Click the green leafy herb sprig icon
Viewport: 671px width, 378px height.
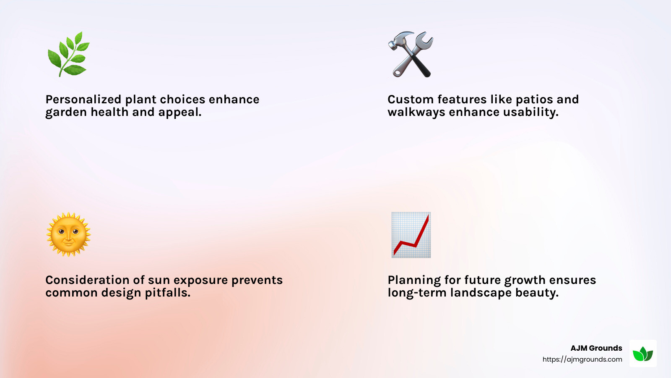click(x=68, y=54)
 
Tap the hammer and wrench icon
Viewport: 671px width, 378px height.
click(x=411, y=54)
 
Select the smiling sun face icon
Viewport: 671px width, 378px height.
click(x=68, y=234)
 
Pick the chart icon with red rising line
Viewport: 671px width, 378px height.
click(x=411, y=235)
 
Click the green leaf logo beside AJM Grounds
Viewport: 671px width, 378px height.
click(x=643, y=354)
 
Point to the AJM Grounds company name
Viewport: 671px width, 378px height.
click(x=596, y=348)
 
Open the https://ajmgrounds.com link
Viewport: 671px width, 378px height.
click(x=582, y=360)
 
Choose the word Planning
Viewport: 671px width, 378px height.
click(x=414, y=280)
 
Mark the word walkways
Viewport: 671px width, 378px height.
click(x=416, y=112)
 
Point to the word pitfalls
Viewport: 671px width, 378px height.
click(x=167, y=293)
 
